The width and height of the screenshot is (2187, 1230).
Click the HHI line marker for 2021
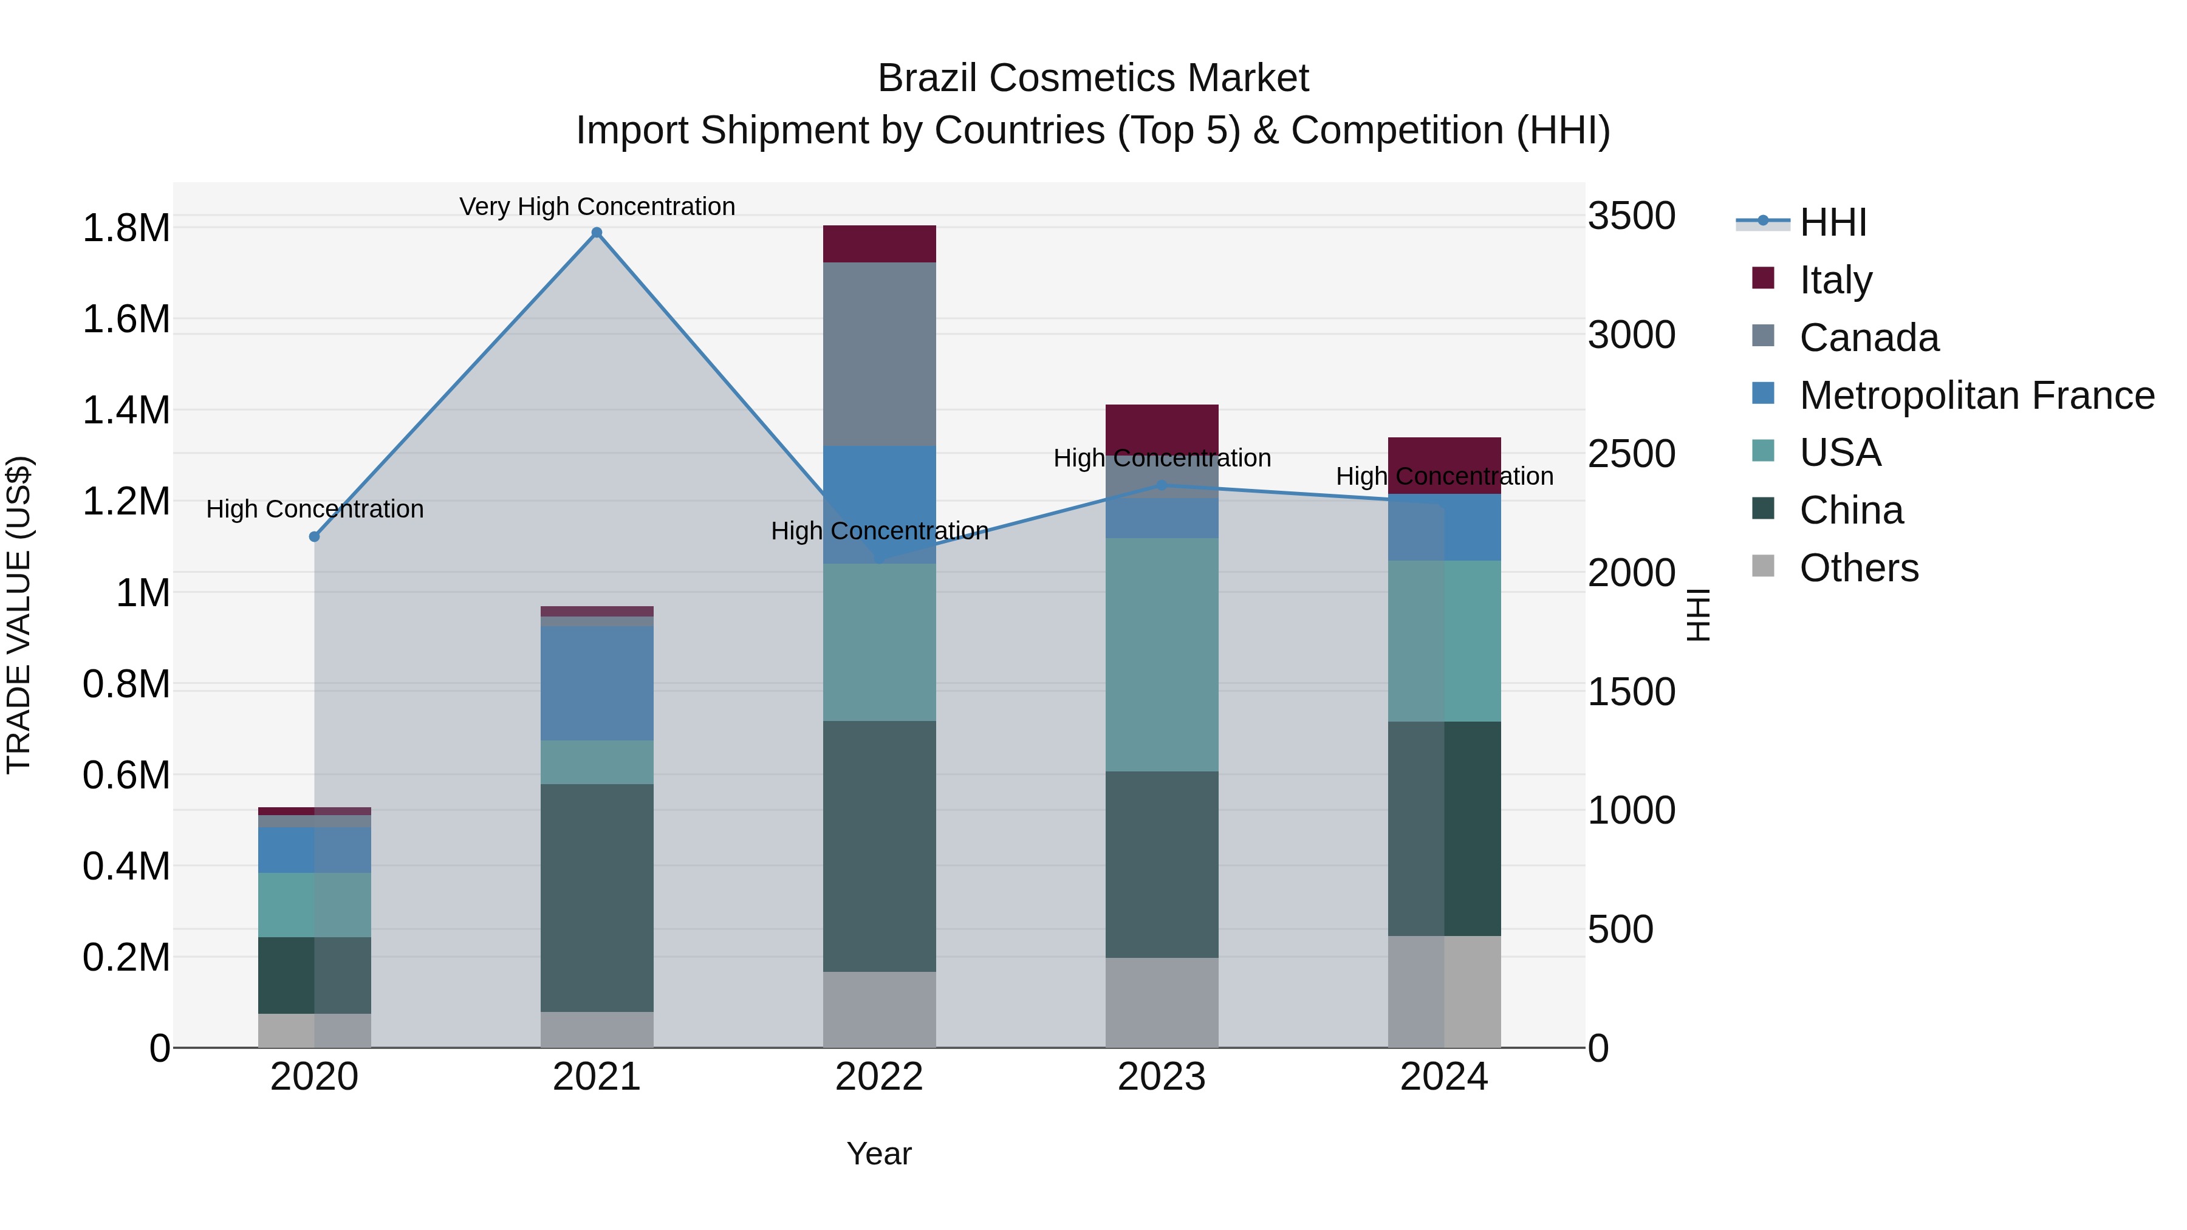[x=597, y=233]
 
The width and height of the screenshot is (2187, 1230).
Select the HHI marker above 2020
[x=314, y=536]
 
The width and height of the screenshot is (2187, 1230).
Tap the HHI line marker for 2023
[x=1162, y=485]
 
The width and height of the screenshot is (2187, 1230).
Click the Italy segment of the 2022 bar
[x=880, y=244]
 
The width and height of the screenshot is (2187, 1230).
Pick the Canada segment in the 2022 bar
[x=880, y=354]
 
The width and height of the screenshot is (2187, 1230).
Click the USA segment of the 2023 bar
[x=1162, y=654]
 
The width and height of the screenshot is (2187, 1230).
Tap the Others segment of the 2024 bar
[x=1444, y=991]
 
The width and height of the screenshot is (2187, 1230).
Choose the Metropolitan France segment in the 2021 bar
[x=597, y=683]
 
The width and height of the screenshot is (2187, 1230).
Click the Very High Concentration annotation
[x=597, y=207]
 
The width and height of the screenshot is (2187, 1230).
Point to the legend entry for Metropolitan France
[x=1976, y=395]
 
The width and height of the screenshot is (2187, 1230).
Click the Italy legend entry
[x=1835, y=280]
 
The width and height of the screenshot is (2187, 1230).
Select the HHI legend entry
[x=1833, y=222]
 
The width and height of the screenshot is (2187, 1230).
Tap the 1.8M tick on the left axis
[x=126, y=228]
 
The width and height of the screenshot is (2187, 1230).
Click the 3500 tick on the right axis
[x=1631, y=216]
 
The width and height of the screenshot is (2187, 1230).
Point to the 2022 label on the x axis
[x=880, y=1077]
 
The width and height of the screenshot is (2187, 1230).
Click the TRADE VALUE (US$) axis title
[x=19, y=615]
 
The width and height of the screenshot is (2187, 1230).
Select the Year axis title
[x=880, y=1153]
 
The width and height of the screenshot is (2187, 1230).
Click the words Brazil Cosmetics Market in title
[x=1093, y=78]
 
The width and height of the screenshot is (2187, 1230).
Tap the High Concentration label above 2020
[x=314, y=510]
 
